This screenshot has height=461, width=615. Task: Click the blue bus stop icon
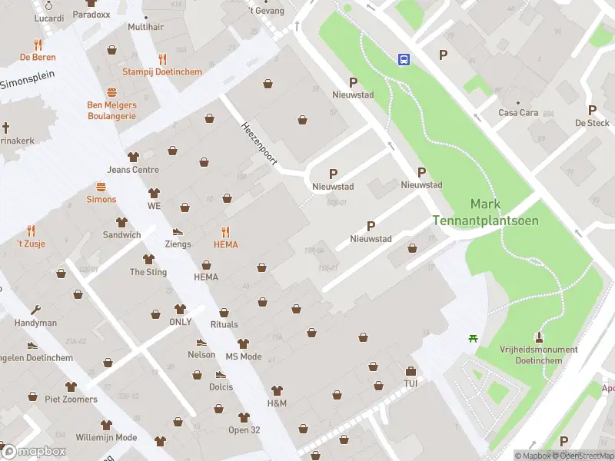pos(403,59)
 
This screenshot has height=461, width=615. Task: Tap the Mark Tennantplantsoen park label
pos(485,212)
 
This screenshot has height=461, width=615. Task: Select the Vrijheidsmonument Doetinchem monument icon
pos(539,337)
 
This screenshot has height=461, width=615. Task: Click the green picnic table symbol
pos(473,338)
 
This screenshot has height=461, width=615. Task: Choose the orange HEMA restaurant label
pos(225,244)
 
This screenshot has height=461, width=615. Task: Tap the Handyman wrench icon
pos(35,310)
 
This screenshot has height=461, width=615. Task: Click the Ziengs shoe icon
pos(178,231)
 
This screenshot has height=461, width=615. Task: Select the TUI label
pos(411,383)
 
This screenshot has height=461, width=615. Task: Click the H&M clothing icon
pos(277,390)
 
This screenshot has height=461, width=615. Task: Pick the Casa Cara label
pos(517,113)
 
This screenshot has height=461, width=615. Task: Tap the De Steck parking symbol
pos(592,110)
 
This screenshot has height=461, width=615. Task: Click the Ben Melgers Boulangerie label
pos(111,110)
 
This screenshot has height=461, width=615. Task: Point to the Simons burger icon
pos(101,187)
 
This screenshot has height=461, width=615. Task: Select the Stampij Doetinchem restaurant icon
pos(161,58)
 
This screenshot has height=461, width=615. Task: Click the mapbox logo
pos(35,451)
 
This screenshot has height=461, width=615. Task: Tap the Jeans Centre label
pos(133,170)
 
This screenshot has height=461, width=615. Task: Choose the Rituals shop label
pos(224,325)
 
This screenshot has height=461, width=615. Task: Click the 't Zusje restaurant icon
pos(31,230)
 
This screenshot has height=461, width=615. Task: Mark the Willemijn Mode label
pos(106,437)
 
